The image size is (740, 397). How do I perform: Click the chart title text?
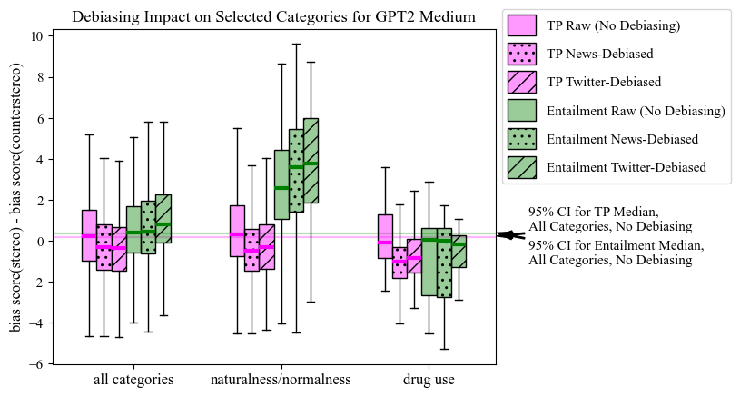[x=273, y=17]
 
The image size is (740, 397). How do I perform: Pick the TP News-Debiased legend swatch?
[x=522, y=54]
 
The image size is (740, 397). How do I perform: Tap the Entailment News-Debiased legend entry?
[x=622, y=139]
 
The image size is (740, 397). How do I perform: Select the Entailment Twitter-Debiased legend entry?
[x=626, y=167]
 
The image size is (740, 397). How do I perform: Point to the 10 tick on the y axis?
[x=37, y=36]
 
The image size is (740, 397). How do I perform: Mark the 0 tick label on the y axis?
[x=40, y=242]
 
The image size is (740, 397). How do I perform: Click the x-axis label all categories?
[x=133, y=380]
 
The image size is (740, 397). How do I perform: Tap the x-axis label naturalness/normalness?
[x=280, y=380]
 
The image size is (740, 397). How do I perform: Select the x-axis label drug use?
[x=429, y=380]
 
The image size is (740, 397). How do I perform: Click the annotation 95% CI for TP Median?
[x=610, y=219]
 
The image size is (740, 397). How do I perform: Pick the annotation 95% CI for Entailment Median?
[x=616, y=253]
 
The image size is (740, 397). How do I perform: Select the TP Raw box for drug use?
[x=385, y=236]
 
